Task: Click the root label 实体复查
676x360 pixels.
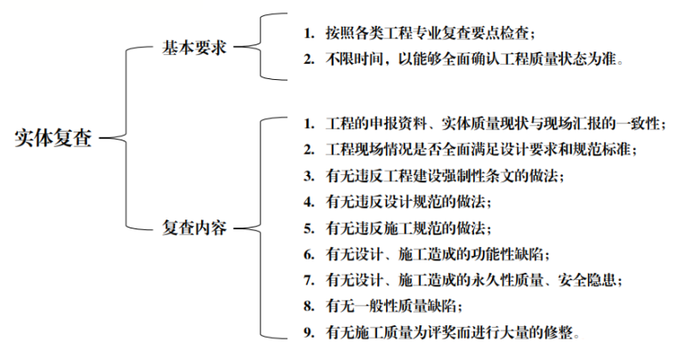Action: (53, 138)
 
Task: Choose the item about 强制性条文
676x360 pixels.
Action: (445, 175)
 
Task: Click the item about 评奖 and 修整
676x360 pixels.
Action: (454, 333)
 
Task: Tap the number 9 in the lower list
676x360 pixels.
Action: (307, 333)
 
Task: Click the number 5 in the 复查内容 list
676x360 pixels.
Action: (307, 228)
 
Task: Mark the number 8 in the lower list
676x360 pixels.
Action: (307, 307)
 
